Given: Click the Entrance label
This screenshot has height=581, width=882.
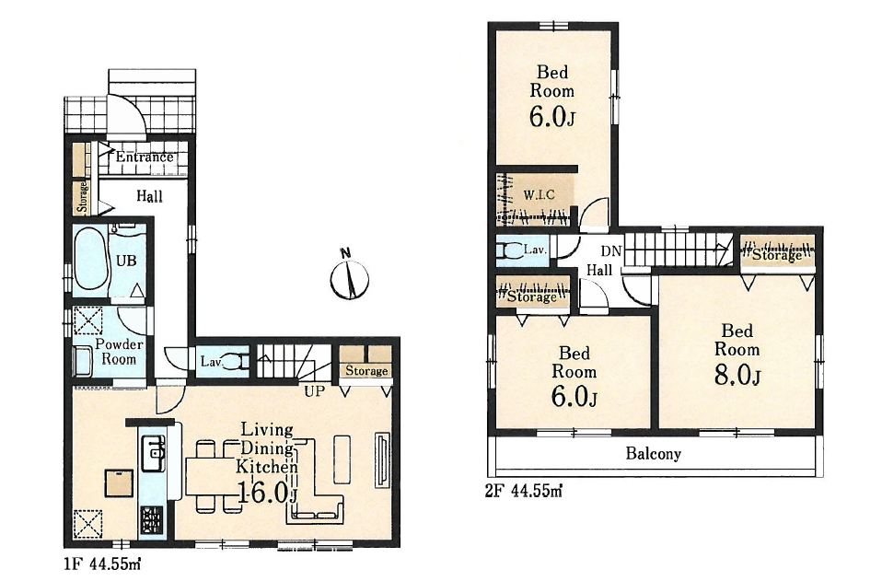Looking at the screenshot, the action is (145, 157).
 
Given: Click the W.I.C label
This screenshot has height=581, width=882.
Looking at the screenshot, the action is (539, 195).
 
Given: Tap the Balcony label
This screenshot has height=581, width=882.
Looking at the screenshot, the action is (654, 453).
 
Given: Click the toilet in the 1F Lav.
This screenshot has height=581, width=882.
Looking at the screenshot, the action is (234, 361).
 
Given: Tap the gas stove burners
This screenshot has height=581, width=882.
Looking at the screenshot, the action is (152, 519).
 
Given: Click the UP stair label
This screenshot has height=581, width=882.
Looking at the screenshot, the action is (315, 391).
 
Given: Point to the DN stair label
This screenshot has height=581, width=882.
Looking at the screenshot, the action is (611, 251).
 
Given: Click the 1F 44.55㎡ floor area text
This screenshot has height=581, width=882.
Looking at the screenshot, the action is (101, 563).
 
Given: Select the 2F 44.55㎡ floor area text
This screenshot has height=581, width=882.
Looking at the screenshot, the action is (524, 492).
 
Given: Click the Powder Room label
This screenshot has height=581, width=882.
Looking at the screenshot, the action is (119, 352).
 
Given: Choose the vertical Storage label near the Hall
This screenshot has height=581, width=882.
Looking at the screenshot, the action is (82, 196).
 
